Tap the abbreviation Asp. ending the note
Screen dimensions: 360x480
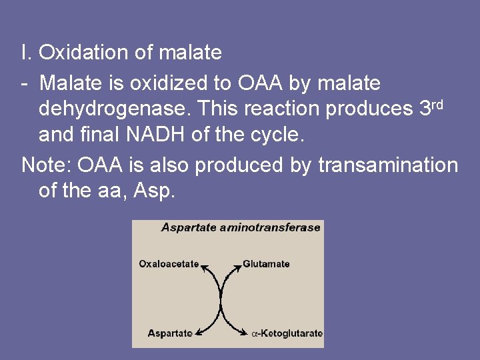155,191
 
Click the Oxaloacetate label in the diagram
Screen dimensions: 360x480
169,264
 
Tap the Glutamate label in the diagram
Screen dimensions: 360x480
266,264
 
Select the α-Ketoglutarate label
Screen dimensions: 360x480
287,333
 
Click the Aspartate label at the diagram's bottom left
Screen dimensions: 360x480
170,333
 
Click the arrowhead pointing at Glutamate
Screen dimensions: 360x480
237,267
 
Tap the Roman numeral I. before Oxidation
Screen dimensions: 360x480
26,51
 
